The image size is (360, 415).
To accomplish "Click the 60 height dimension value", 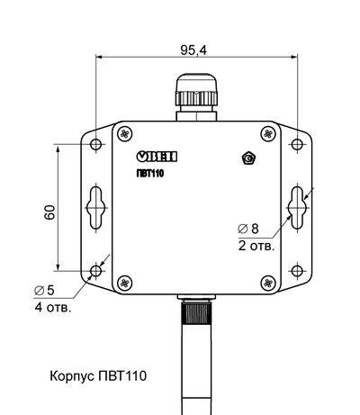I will point(50,212).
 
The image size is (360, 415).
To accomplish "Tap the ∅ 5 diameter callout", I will point(44,290).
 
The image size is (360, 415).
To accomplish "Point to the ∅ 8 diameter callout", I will point(247,229).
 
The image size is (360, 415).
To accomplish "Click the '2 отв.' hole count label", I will point(256,245).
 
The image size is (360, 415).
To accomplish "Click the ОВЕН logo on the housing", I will point(157,157).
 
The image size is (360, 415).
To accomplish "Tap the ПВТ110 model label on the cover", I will point(150,173).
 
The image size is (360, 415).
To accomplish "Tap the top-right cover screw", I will point(266,132).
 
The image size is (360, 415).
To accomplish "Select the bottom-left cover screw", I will point(125,283).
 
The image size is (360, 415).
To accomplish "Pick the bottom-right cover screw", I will point(266,283).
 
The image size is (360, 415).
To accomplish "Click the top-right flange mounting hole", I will point(296,144).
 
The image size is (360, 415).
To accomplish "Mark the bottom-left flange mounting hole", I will point(96,270).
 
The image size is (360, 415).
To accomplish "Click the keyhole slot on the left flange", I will point(96,207).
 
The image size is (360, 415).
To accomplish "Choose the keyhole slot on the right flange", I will point(296,207).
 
